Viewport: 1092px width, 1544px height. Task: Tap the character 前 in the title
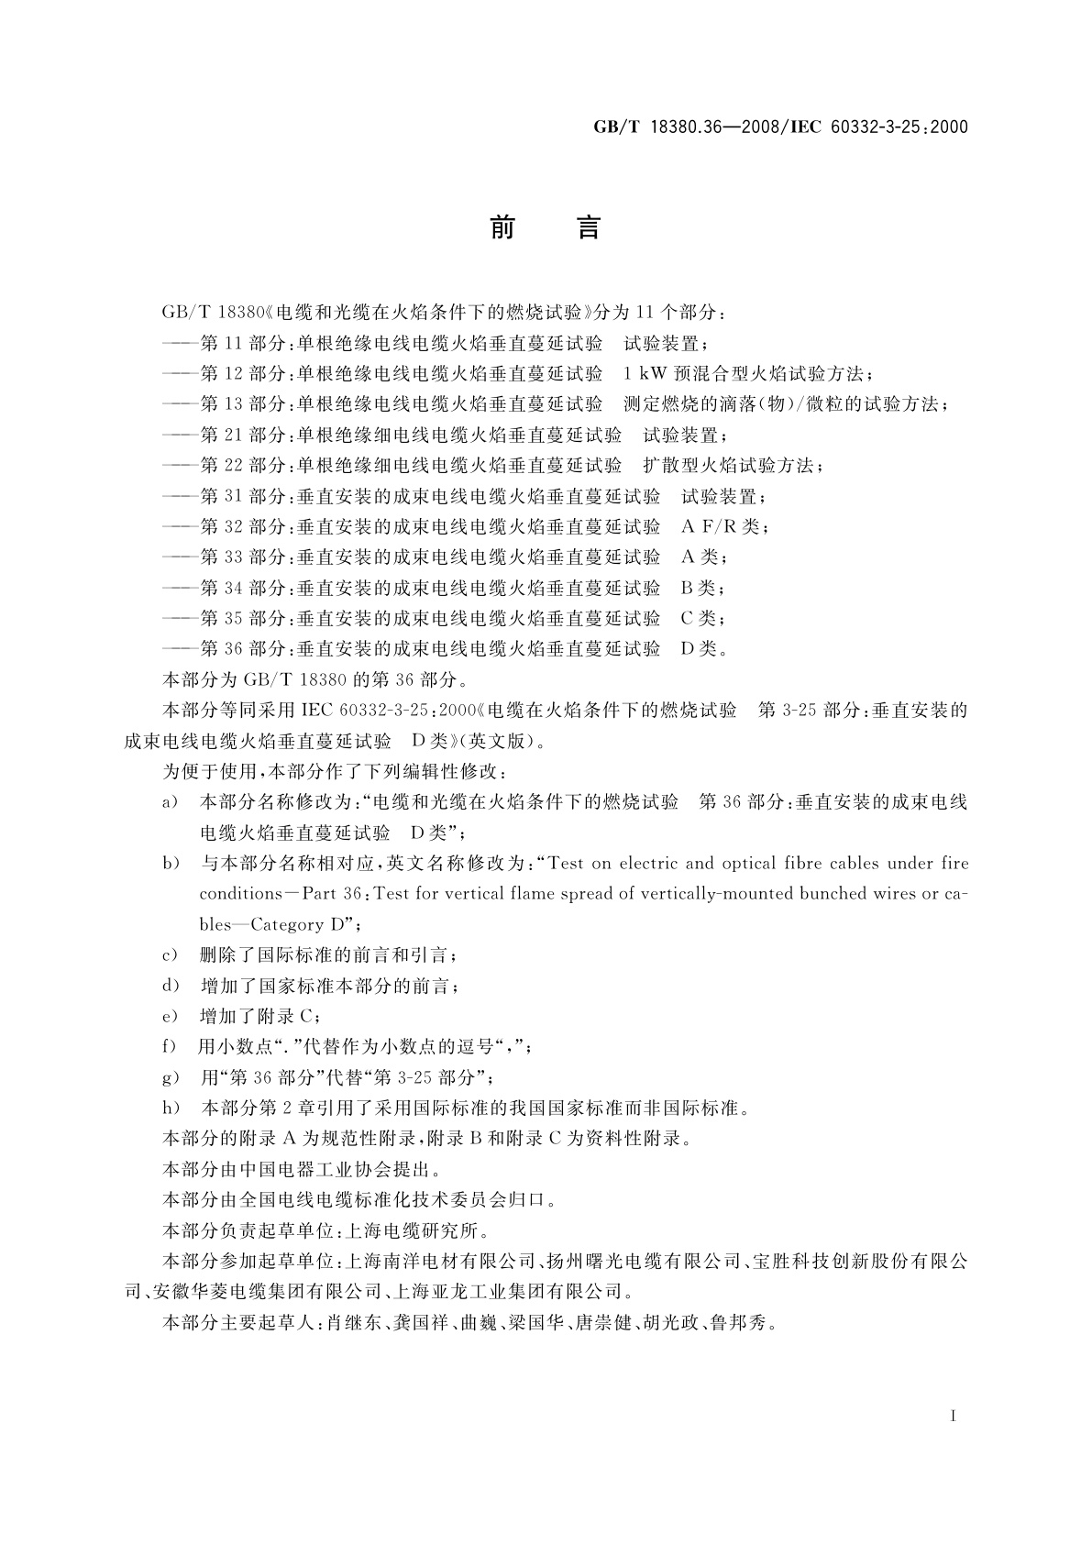(502, 226)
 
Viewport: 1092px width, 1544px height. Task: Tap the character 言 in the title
(588, 226)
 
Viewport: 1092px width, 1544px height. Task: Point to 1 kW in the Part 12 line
(645, 374)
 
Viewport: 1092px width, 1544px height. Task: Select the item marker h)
(171, 1108)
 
